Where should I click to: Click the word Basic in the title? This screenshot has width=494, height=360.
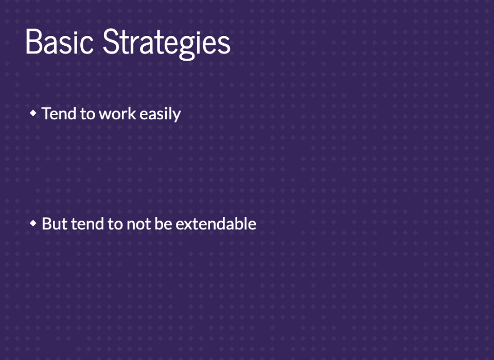(59, 42)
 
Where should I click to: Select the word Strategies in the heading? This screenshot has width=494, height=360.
(167, 44)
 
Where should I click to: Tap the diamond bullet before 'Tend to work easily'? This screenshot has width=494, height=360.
(33, 113)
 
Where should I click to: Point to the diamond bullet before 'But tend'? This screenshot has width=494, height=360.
(33, 223)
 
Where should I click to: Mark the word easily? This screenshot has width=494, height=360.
(161, 114)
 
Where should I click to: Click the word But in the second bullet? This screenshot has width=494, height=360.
(55, 224)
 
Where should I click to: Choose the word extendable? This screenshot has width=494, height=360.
(216, 224)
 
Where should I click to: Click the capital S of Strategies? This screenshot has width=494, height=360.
(110, 42)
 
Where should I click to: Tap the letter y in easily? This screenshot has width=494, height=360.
(177, 117)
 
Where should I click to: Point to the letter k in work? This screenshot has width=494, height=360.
(132, 113)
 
